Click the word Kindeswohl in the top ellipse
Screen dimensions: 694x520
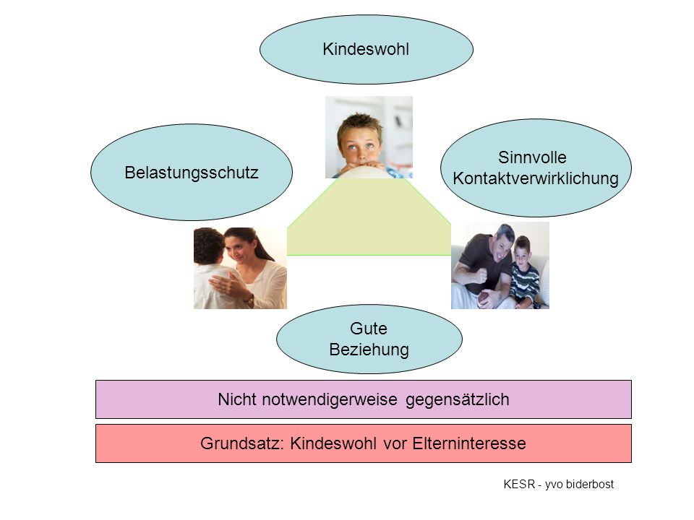coord(366,49)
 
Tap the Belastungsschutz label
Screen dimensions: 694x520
coord(191,173)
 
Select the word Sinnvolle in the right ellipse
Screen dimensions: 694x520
coord(532,157)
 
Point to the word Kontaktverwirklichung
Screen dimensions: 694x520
coord(536,178)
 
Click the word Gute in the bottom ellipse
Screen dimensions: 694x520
coord(368,329)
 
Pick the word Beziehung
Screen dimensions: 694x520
coord(369,350)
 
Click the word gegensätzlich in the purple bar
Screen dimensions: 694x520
coord(457,399)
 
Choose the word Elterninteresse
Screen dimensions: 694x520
coord(469,443)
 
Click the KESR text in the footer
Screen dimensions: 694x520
coord(519,484)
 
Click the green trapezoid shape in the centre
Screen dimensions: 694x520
coord(369,221)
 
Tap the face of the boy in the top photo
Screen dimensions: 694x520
coord(360,144)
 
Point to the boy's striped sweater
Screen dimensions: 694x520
coord(525,283)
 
